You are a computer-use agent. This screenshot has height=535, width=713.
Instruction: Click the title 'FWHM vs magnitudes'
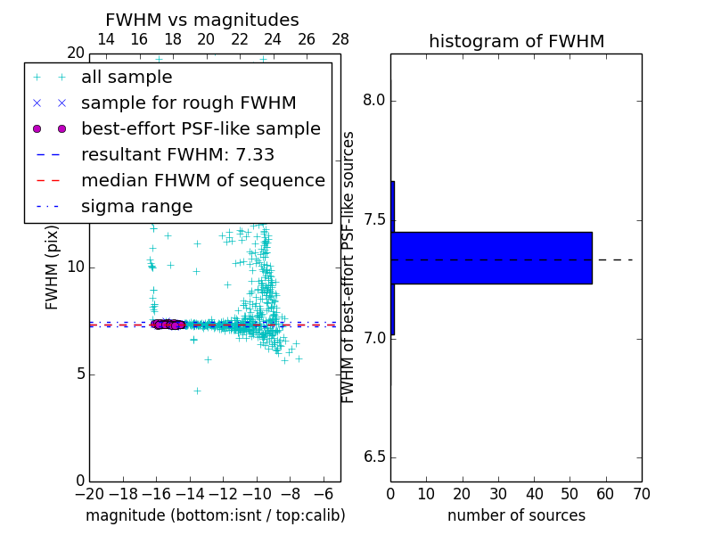point(201,20)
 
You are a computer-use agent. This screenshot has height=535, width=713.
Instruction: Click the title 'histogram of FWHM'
point(516,41)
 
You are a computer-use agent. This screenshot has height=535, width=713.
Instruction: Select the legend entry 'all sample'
point(126,78)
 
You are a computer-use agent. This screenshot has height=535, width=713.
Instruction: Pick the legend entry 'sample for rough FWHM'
point(188,103)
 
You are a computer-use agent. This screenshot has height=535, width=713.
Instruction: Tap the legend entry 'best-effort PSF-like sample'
point(201,129)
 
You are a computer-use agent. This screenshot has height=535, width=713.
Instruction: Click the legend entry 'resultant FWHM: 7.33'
point(177,155)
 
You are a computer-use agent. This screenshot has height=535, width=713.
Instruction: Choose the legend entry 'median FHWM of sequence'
point(202,181)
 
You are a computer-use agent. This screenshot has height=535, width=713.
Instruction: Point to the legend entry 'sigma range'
point(136,207)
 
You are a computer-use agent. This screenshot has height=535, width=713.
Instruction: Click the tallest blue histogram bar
point(491,258)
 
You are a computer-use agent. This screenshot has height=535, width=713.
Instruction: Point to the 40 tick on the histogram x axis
point(534,492)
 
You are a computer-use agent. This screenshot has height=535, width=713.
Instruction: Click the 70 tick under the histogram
point(642,492)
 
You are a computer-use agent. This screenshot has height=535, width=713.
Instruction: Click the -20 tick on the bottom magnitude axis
point(89,492)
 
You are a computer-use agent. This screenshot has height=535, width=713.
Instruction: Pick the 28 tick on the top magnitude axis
point(340,39)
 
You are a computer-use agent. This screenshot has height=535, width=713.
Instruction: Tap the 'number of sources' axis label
point(516,515)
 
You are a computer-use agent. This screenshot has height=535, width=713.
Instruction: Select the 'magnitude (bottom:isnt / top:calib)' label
point(215,515)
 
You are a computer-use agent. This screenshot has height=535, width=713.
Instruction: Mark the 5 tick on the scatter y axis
point(78,374)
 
